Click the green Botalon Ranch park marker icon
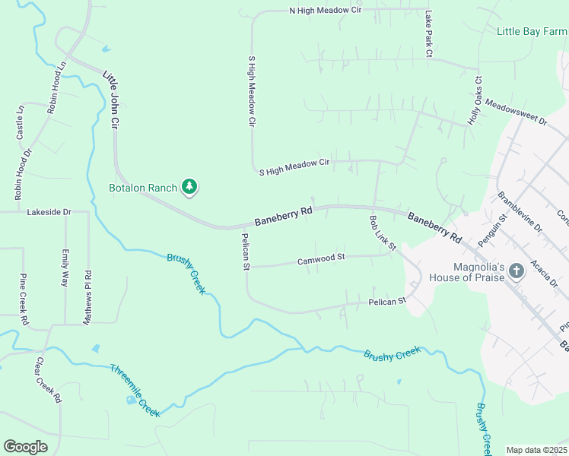[189, 187]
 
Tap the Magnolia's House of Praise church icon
[516, 271]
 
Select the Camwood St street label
[321, 258]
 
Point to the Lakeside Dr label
[48, 212]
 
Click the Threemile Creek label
[135, 390]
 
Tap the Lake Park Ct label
[428, 34]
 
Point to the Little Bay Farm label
[532, 31]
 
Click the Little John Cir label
[111, 99]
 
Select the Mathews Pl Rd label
[88, 297]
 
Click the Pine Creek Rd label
[24, 299]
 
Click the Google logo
[25, 446]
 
